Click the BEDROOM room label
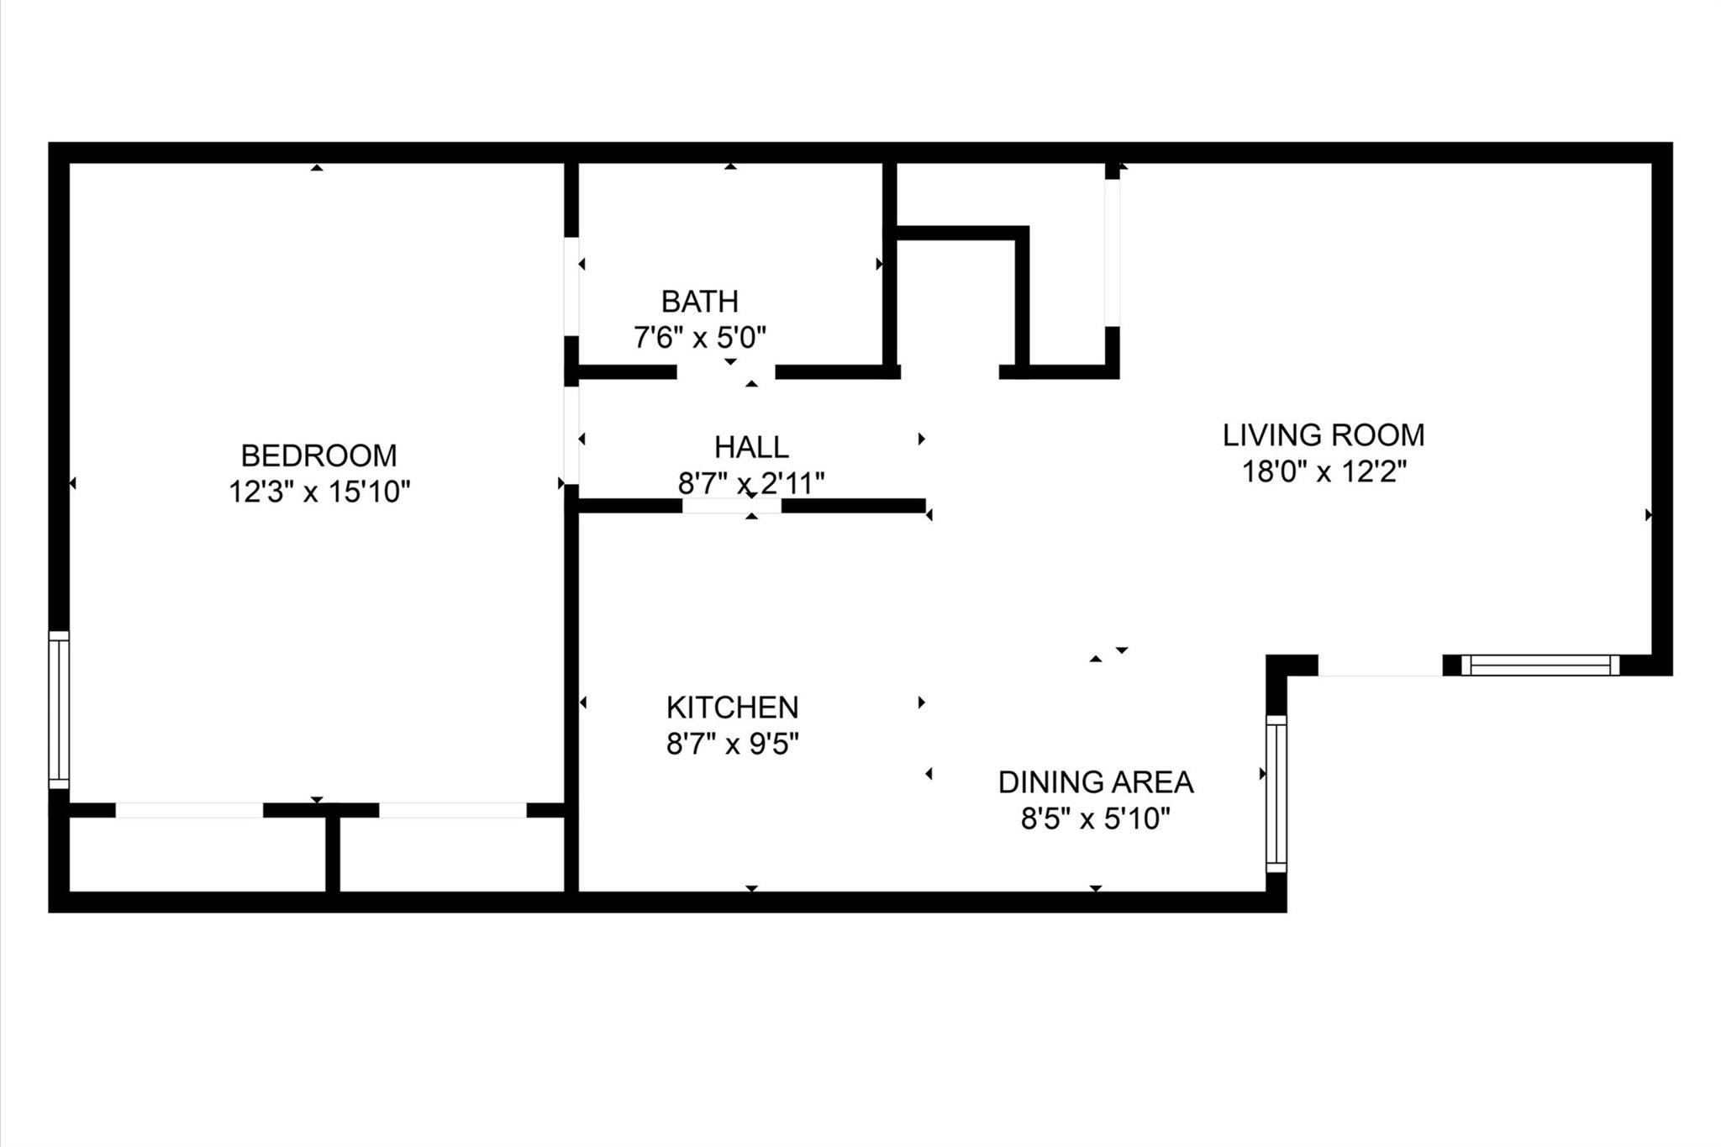pos(318,455)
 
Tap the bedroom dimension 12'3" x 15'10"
pos(318,492)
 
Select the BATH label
pos(699,301)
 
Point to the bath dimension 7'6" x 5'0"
pos(699,338)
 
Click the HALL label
pos(751,447)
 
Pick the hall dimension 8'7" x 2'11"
pos(751,483)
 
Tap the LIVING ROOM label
pos(1324,435)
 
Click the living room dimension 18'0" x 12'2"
pos(1324,472)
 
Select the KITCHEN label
pos(732,708)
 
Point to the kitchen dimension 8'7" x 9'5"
pos(732,744)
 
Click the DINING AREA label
pos(1095,782)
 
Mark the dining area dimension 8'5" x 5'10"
pos(1095,818)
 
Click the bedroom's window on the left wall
pos(59,710)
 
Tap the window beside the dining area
pos(1276,794)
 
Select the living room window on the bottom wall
pos(1539,666)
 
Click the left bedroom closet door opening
pos(189,810)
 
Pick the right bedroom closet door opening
pos(452,810)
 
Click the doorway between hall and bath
pos(726,372)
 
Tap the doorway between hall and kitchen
pos(732,506)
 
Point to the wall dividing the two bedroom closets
pos(333,853)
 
